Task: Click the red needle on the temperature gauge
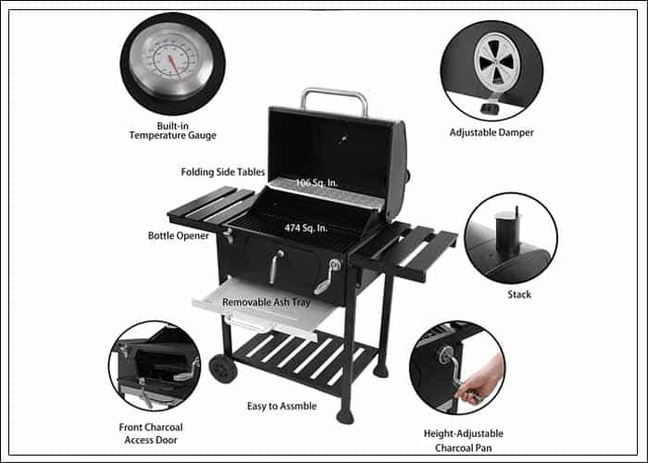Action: click(174, 64)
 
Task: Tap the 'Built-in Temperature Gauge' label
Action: click(173, 131)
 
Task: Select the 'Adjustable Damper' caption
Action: click(492, 132)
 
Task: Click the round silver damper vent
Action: click(497, 63)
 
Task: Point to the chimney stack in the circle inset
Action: click(508, 232)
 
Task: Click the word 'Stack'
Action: click(519, 294)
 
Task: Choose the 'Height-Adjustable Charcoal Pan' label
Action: click(463, 441)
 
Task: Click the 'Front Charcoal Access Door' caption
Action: click(151, 433)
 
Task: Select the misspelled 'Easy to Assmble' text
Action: click(281, 406)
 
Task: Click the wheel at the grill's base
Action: click(223, 369)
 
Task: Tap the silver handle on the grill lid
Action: click(334, 99)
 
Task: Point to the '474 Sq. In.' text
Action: click(305, 228)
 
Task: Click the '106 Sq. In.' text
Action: click(317, 182)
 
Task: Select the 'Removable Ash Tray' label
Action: click(267, 302)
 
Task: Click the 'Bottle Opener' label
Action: click(179, 235)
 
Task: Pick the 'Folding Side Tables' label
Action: click(223, 172)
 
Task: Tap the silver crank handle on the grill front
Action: click(328, 276)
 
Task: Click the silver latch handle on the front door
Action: click(276, 267)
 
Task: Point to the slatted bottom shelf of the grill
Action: click(304, 358)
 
